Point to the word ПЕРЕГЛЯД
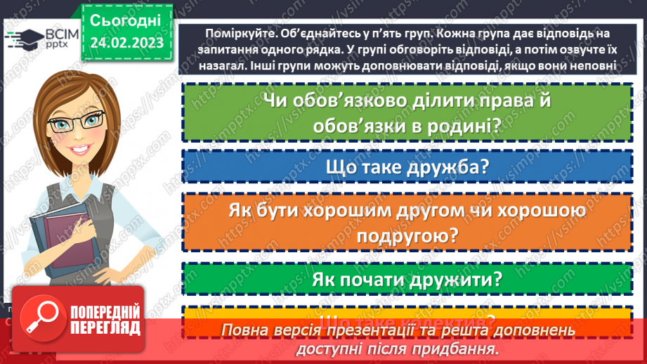point(105,328)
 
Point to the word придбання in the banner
point(460,348)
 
